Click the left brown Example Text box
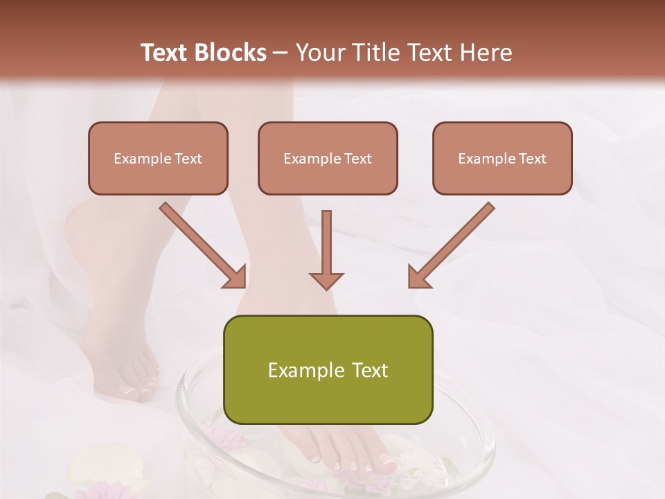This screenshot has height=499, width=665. (x=158, y=159)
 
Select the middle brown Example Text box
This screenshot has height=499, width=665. (x=328, y=159)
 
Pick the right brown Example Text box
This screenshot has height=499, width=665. (x=502, y=159)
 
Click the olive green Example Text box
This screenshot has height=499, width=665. (x=328, y=370)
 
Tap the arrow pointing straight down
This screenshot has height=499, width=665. (x=326, y=249)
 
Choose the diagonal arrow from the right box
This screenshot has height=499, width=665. (x=451, y=245)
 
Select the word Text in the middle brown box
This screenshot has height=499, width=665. (x=357, y=159)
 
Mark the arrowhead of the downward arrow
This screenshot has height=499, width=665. (x=326, y=280)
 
